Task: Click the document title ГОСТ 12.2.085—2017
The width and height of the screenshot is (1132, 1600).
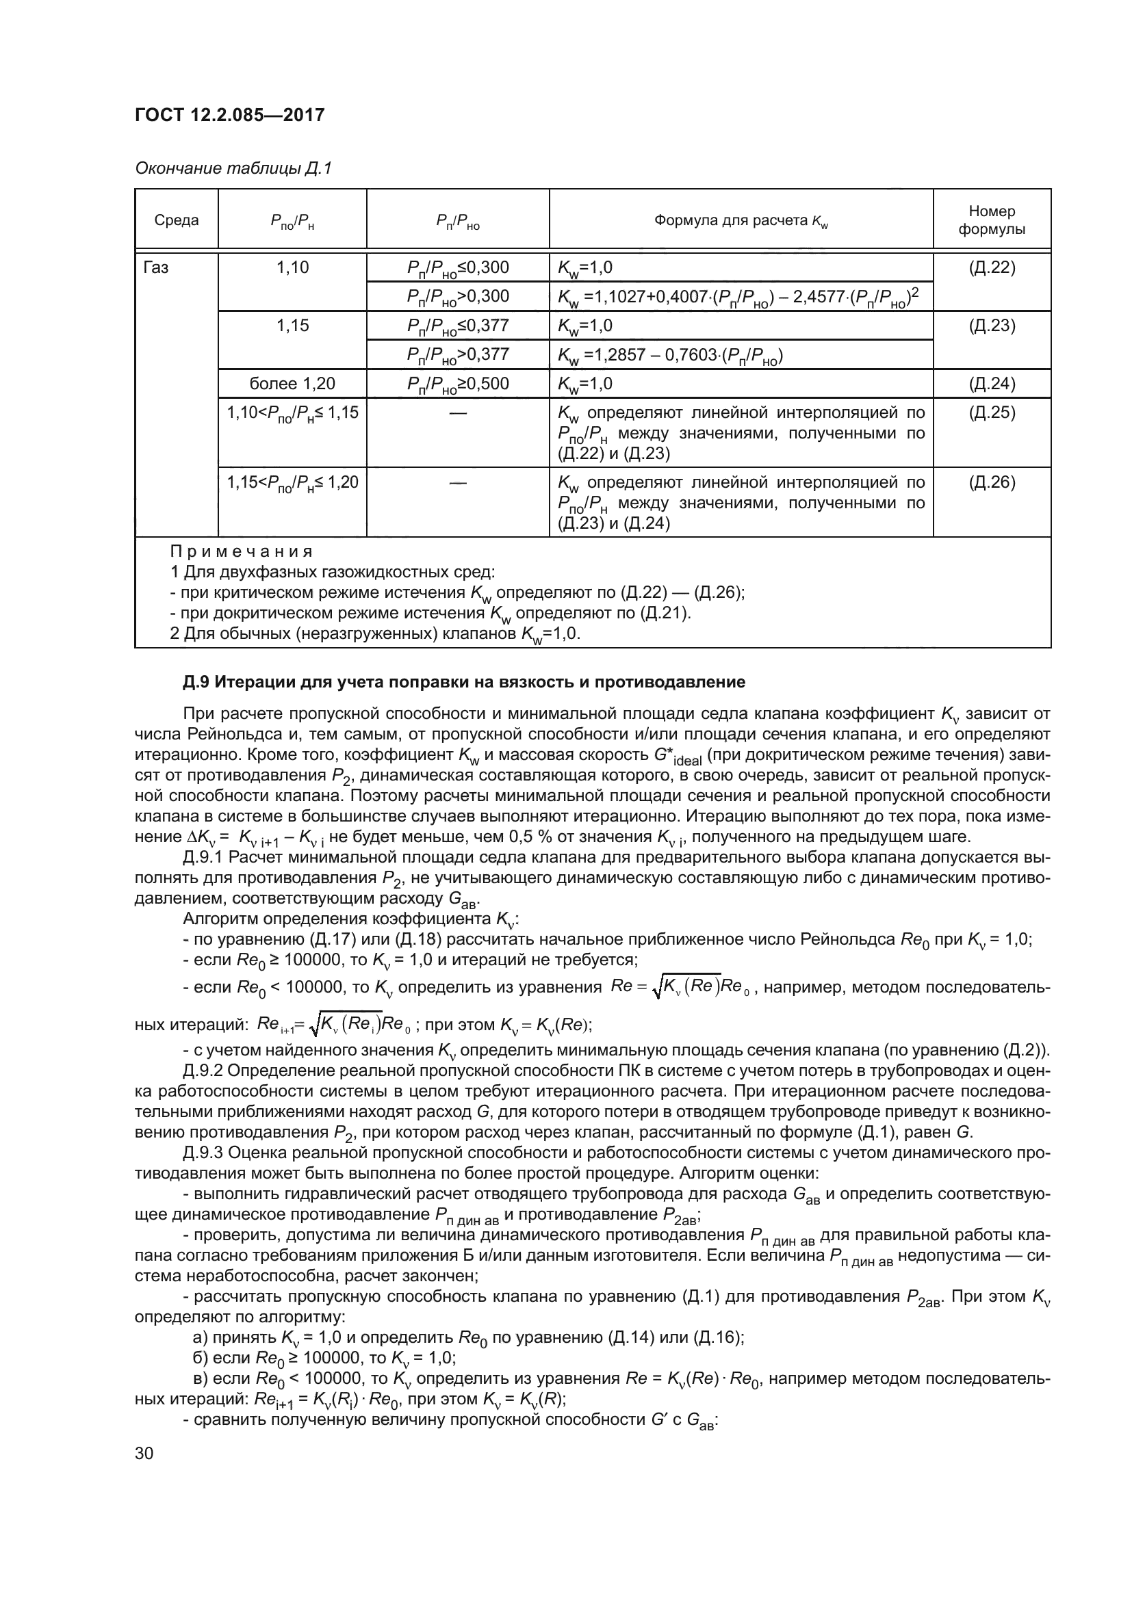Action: (x=229, y=115)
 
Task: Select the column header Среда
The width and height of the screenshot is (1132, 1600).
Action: (x=177, y=220)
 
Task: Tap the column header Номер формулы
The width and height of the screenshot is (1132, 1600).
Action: (x=991, y=220)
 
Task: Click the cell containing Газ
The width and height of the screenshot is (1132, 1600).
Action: (x=156, y=267)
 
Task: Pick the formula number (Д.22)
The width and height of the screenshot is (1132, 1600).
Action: (x=991, y=267)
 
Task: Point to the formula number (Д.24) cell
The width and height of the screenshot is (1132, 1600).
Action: (x=991, y=384)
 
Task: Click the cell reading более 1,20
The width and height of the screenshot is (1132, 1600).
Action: (x=292, y=384)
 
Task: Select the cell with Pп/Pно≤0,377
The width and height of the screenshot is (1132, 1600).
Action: (x=457, y=326)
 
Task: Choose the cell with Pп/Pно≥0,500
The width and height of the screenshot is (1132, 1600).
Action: (x=457, y=384)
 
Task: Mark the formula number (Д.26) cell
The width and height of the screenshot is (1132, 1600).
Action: (x=991, y=482)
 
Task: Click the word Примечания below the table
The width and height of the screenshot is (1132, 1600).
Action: (x=241, y=552)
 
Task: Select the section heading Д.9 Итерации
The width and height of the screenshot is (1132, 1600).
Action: (x=463, y=682)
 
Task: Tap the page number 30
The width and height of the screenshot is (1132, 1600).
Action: (x=144, y=1454)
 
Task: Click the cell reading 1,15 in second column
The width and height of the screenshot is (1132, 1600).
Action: (x=292, y=326)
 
